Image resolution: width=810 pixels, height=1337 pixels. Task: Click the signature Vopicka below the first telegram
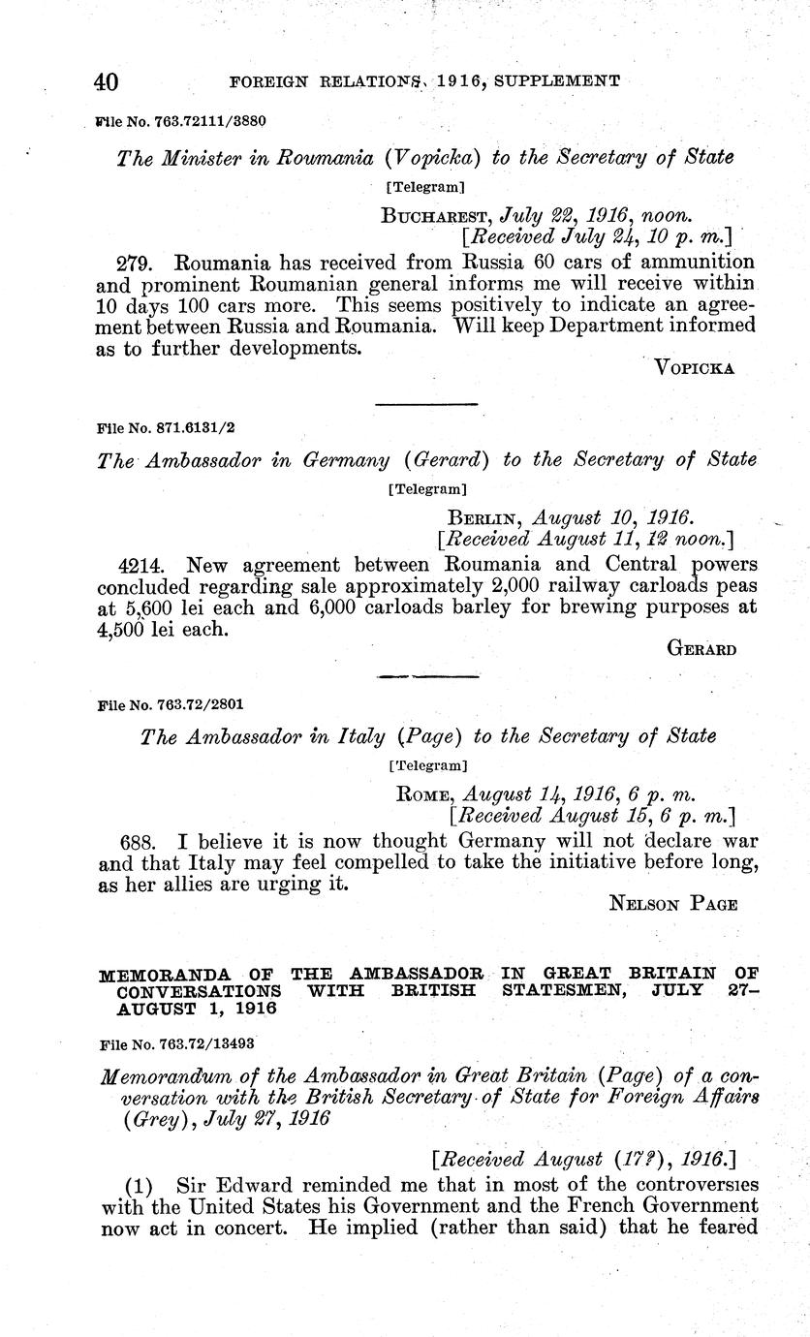696,367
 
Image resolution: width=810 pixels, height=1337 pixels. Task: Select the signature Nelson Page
673,904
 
